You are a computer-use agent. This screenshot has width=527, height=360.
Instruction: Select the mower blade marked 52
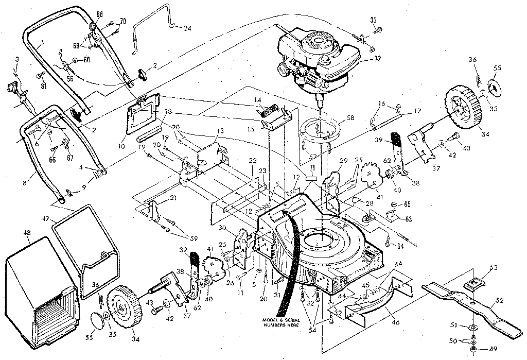click(x=473, y=309)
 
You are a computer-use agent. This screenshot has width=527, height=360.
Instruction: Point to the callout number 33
click(x=373, y=20)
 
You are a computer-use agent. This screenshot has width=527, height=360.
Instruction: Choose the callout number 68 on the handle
click(x=99, y=13)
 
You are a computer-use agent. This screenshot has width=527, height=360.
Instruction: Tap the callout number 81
click(x=43, y=85)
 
